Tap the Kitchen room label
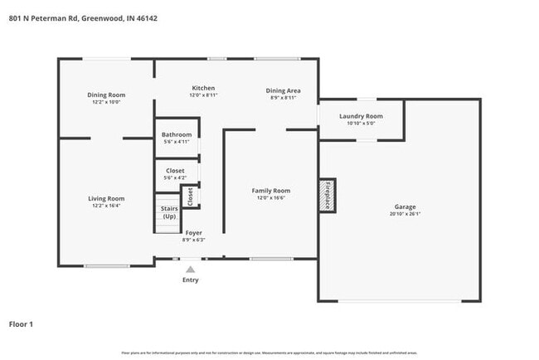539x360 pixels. pos(203,88)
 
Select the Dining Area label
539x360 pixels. pos(283,90)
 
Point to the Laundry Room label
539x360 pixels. pos(361,116)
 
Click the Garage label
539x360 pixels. pos(405,207)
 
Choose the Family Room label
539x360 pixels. pos(271,191)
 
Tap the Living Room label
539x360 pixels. pos(106,198)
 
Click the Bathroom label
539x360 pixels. pos(177,134)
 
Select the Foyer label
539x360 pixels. pos(193,233)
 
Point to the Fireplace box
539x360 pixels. pos(328,194)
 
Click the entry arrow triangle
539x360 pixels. pos(191,269)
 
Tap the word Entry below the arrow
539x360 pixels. pos(191,280)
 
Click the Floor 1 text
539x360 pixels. pos(21,324)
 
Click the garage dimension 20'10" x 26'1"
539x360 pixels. pos(405,214)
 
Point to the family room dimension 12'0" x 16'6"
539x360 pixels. pos(271,198)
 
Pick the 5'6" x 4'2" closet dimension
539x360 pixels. pos(176,178)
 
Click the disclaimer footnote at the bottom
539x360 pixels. pos(269,353)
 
